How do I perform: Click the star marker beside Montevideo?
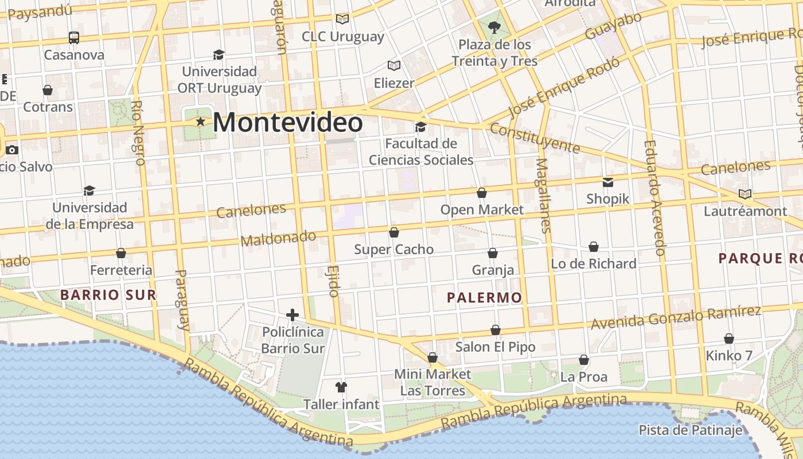point(200,122)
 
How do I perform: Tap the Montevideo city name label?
point(288,123)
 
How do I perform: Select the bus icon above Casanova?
point(74,38)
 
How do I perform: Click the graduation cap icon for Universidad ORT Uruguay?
point(219,55)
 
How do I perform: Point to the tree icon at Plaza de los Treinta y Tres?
point(494,26)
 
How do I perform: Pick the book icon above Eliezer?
point(393,65)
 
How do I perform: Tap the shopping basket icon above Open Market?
point(482,193)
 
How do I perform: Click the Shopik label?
point(608,199)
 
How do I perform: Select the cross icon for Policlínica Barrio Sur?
point(293,314)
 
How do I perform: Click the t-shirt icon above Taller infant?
point(341,387)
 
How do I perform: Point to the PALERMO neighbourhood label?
point(485,297)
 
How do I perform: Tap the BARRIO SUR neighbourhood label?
point(108,295)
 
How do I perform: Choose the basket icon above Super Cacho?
point(394,232)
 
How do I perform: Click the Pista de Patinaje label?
point(691,430)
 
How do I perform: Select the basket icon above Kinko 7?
point(729,339)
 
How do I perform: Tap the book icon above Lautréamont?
point(745,194)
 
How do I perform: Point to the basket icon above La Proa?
point(584,360)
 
